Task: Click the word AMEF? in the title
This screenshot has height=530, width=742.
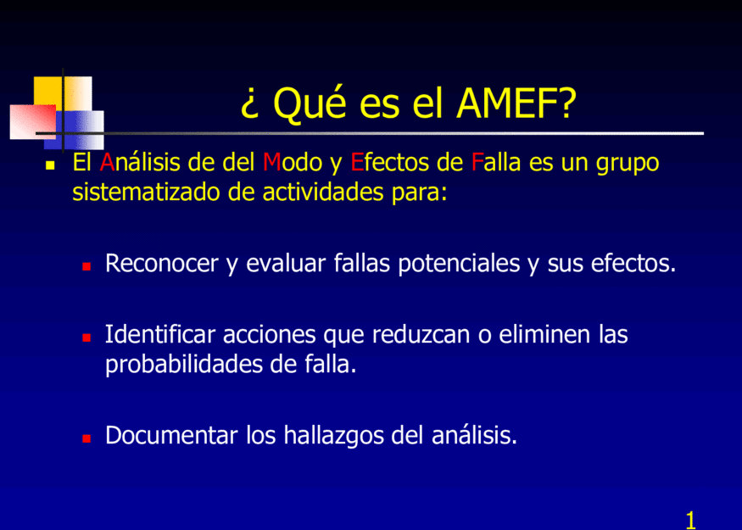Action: (x=516, y=103)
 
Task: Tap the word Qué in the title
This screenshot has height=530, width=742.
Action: (x=310, y=104)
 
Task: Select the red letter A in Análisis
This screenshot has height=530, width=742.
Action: (x=107, y=162)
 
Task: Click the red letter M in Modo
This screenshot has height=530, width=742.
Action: (x=271, y=162)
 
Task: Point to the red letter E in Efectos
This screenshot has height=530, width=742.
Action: (x=357, y=162)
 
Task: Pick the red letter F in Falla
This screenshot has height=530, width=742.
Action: (x=477, y=162)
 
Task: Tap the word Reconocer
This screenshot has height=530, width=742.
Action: (x=162, y=263)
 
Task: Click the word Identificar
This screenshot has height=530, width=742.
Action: (x=160, y=334)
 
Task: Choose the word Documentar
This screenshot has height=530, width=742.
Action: (x=171, y=435)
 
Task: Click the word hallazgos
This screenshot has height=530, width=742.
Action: (x=333, y=436)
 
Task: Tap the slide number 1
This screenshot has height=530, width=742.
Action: (x=690, y=520)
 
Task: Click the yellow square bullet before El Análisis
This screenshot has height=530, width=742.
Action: (x=50, y=165)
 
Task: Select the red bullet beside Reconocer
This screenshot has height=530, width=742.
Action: (x=86, y=266)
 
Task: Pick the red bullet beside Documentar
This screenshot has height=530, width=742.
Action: (x=86, y=438)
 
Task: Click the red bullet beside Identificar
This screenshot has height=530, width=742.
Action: (x=86, y=338)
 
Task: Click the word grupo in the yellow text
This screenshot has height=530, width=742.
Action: (x=628, y=164)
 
